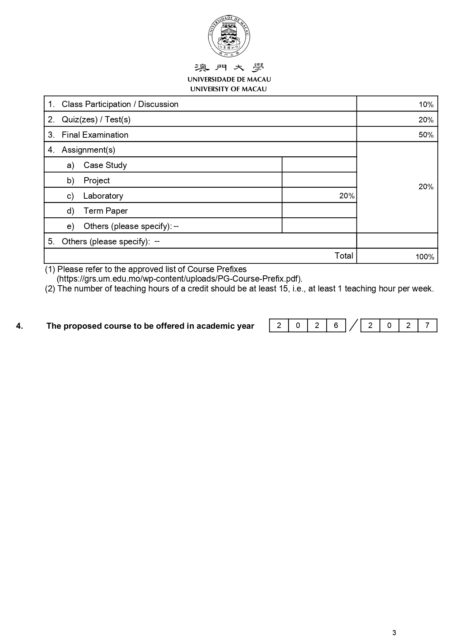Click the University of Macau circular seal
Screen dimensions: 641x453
pyautogui.click(x=229, y=36)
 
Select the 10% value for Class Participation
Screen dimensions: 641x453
pyautogui.click(x=426, y=105)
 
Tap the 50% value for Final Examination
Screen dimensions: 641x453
pyautogui.click(x=426, y=135)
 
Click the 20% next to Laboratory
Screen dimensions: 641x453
pyautogui.click(x=347, y=196)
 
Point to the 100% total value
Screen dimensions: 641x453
pyautogui.click(x=425, y=257)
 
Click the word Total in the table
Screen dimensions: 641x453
pyautogui.click(x=344, y=256)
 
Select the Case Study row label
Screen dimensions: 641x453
pyautogui.click(x=105, y=165)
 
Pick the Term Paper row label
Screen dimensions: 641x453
pyautogui.click(x=106, y=211)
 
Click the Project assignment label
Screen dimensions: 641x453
pyautogui.click(x=96, y=180)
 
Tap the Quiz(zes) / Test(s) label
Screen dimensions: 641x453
pyautogui.click(x=96, y=119)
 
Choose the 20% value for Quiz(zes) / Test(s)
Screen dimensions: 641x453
pyautogui.click(x=426, y=120)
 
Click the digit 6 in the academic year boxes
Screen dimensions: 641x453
pyautogui.click(x=336, y=325)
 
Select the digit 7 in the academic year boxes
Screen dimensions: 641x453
pyautogui.click(x=427, y=325)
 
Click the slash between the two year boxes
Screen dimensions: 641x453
pyautogui.click(x=353, y=325)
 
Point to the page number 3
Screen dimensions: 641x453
pyautogui.click(x=394, y=633)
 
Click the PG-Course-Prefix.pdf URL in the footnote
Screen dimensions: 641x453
pyautogui.click(x=179, y=279)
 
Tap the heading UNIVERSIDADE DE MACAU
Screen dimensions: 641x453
pyautogui.click(x=229, y=79)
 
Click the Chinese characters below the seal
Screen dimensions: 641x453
pyautogui.click(x=229, y=68)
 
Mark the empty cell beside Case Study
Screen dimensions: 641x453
pyautogui.click(x=319, y=165)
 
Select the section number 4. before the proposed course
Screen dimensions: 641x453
pyautogui.click(x=19, y=326)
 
